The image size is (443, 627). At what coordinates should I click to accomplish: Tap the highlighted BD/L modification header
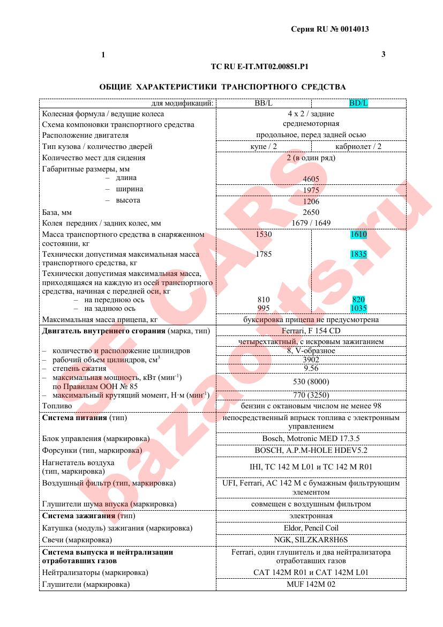tap(358, 103)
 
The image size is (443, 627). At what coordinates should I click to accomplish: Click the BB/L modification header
tap(264, 103)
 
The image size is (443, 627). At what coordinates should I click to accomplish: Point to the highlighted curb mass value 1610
tap(358, 234)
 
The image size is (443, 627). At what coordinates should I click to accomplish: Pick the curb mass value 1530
tap(264, 234)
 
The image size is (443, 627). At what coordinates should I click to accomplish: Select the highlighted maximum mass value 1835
tap(358, 254)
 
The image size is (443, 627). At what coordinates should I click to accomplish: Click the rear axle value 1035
tap(358, 308)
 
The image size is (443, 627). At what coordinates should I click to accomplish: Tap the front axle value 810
tap(264, 300)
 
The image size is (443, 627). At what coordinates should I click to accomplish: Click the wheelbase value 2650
tap(311, 212)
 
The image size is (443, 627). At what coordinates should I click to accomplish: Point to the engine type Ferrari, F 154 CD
tap(311, 330)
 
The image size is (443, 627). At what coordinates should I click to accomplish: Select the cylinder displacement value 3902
tap(311, 360)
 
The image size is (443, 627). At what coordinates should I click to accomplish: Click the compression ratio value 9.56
tap(311, 369)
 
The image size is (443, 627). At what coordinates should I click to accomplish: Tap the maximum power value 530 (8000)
tap(311, 382)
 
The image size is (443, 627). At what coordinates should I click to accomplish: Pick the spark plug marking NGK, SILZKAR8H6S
tap(311, 539)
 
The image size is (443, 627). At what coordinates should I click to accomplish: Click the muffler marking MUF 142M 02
tap(311, 584)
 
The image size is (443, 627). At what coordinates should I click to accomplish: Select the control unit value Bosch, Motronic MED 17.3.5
tap(311, 438)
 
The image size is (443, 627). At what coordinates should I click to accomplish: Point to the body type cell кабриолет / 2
tap(358, 146)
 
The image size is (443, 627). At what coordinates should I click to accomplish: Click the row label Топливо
tap(57, 406)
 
